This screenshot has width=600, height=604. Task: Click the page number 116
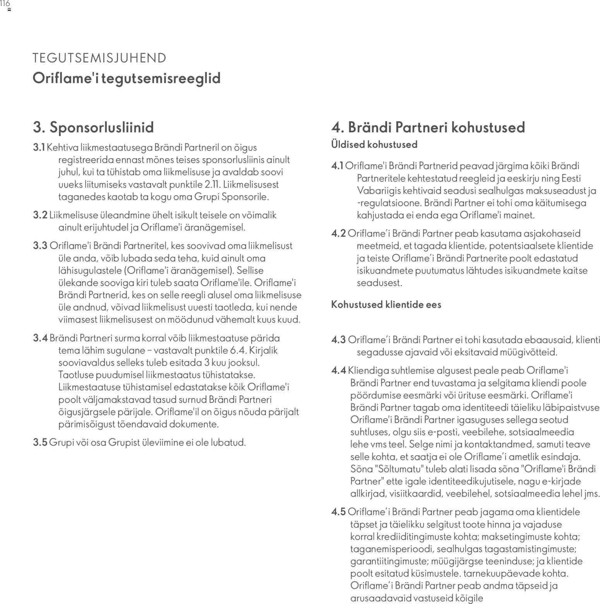pos(5,4)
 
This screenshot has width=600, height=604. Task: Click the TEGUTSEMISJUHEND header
pos(99,58)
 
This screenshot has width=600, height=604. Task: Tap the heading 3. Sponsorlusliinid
pos(93,127)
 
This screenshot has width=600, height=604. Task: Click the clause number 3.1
pos(39,147)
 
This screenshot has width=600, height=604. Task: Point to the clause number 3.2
pos(40,215)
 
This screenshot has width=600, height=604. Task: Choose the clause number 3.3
pos(40,246)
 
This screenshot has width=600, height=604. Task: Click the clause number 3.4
pos(40,338)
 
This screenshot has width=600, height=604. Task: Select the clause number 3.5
pos(40,443)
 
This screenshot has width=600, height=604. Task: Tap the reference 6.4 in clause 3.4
pos(237,351)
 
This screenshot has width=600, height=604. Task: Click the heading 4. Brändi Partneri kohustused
pos(428,127)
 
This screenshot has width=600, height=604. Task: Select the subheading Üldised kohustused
pos(374,145)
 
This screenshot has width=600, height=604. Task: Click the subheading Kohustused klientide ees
pos(386,305)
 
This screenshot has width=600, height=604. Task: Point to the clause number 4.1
pos(337,166)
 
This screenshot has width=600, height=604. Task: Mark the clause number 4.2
pos(338,234)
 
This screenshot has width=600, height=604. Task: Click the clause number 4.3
pos(338,340)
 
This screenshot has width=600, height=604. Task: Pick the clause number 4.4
pos(338,371)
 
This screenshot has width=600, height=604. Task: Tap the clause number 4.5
pos(338,512)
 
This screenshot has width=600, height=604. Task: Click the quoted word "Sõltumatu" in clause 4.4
pos(398,469)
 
